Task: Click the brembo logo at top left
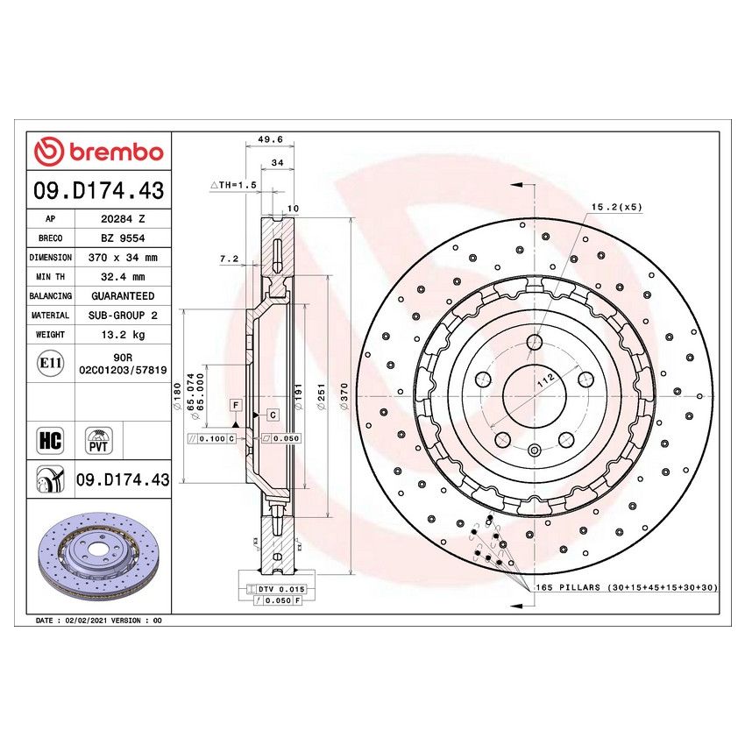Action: point(98,152)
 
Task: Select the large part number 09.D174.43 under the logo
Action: point(98,190)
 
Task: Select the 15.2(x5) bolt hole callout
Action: point(617,207)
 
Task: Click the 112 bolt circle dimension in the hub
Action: point(543,378)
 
